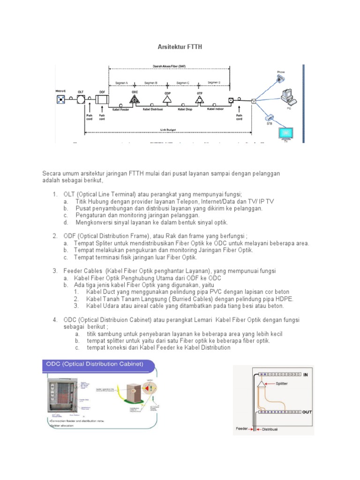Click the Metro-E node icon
pyautogui.click(x=60, y=99)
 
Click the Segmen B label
pyautogui.click(x=150, y=83)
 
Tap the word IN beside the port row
pyautogui.click(x=306, y=375)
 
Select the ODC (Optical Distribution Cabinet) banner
pyautogui.click(x=93, y=364)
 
